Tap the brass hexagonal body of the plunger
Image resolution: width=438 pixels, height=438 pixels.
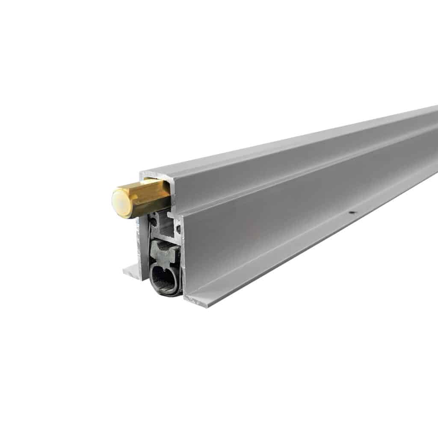click(x=145, y=198)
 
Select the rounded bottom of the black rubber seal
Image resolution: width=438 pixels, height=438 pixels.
click(x=165, y=292)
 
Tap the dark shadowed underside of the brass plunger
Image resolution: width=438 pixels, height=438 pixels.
click(x=148, y=210)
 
